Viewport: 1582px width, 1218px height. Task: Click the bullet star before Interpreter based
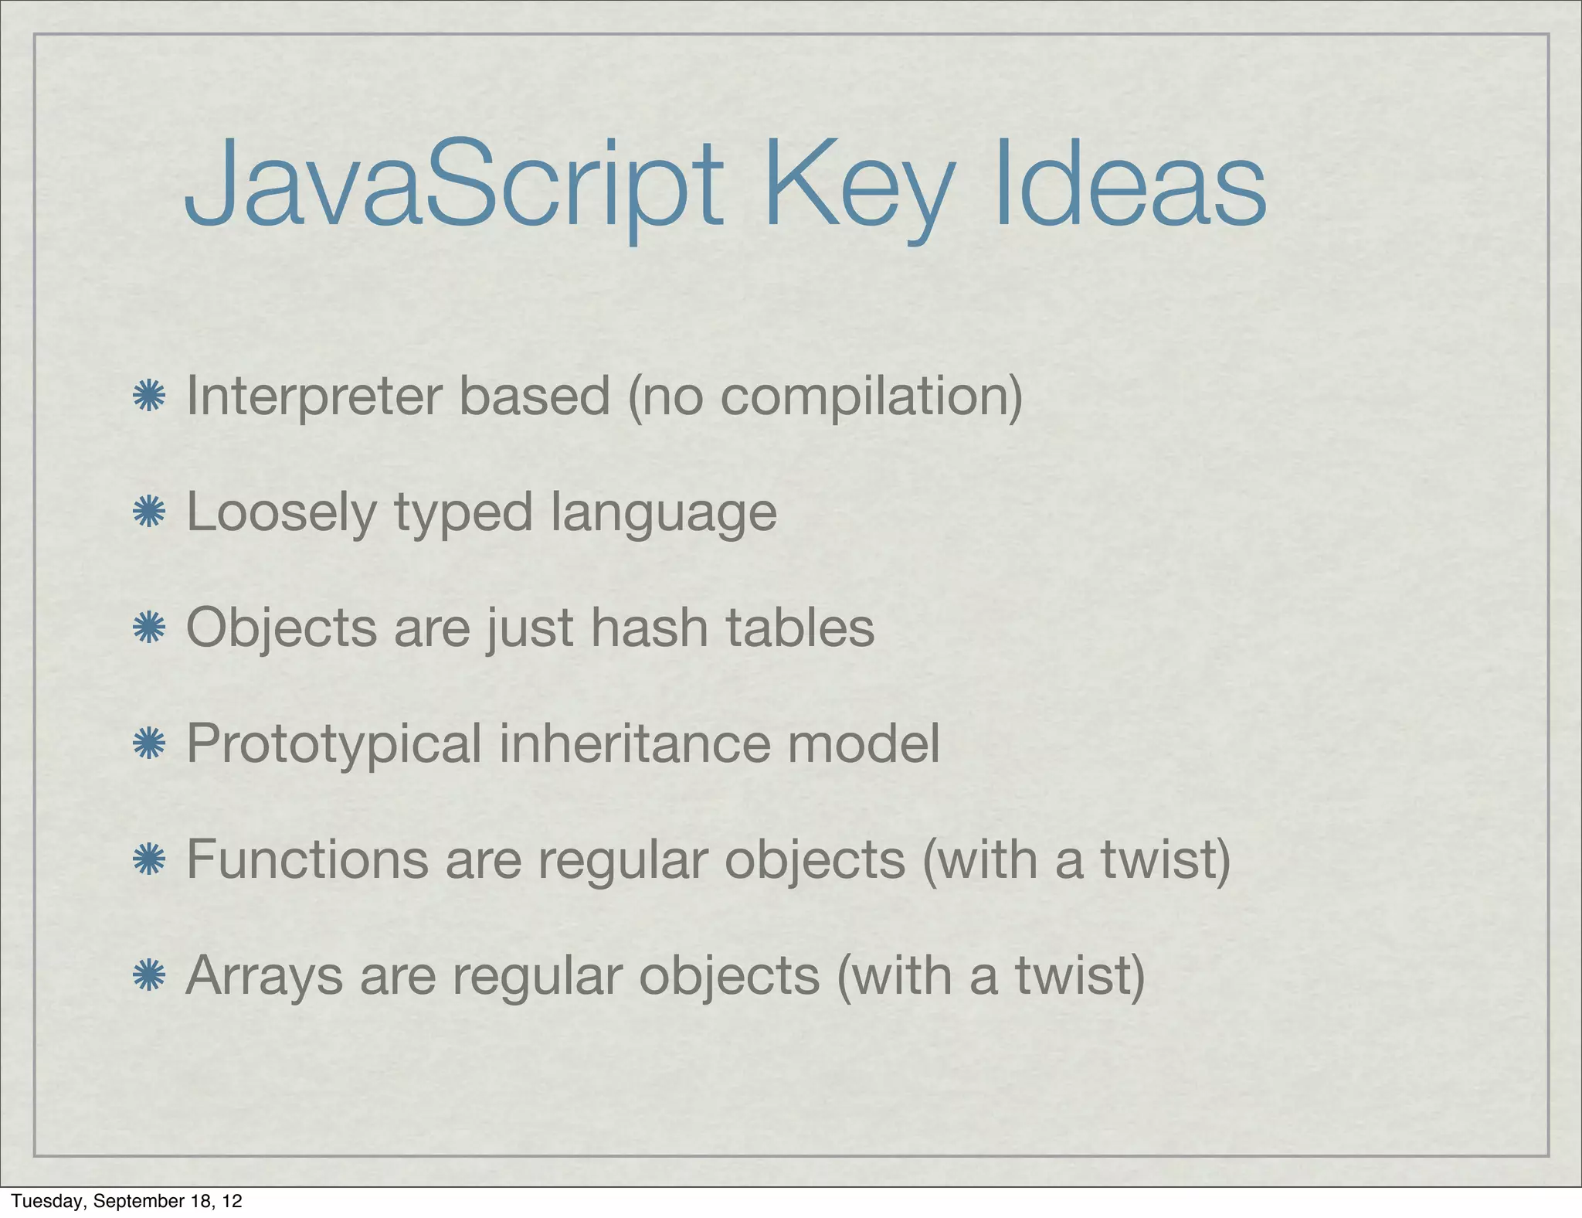coord(149,396)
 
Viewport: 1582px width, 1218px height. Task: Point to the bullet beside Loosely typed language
coord(149,512)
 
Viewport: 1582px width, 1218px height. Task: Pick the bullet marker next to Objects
coord(149,628)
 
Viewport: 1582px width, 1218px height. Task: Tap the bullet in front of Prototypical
coord(149,743)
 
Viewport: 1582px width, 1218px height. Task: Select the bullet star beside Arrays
coord(149,975)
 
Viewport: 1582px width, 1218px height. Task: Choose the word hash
coord(649,628)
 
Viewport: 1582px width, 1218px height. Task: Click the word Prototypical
coord(334,745)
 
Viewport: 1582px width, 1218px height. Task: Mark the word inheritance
coord(635,743)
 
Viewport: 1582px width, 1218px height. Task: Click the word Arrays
coord(264,977)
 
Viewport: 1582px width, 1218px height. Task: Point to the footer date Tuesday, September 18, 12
coord(127,1201)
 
